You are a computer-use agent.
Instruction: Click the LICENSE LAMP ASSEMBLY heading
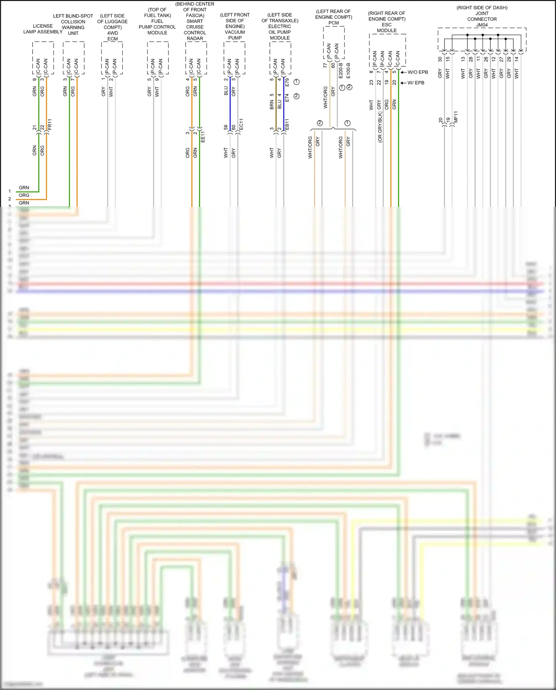click(x=43, y=29)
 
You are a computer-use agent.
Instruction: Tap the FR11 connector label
click(x=50, y=125)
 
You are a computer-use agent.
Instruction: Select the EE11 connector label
click(x=203, y=137)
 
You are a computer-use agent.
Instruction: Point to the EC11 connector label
click(x=241, y=124)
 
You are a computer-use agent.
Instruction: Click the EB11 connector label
click(x=287, y=124)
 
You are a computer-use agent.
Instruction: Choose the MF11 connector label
click(x=456, y=117)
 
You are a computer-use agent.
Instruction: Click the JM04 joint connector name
click(x=482, y=25)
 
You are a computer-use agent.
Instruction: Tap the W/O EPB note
click(x=417, y=72)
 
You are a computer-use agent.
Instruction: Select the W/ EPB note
click(x=416, y=83)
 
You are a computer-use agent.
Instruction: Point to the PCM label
click(x=334, y=23)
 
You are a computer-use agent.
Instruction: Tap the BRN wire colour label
click(x=272, y=105)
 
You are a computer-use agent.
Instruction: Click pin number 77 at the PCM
click(x=325, y=65)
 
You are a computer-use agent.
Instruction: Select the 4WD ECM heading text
click(x=112, y=36)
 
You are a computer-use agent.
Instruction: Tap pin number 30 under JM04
click(x=440, y=59)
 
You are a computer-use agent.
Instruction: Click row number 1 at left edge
click(x=10, y=191)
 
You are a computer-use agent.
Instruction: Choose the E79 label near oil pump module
click(x=287, y=82)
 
